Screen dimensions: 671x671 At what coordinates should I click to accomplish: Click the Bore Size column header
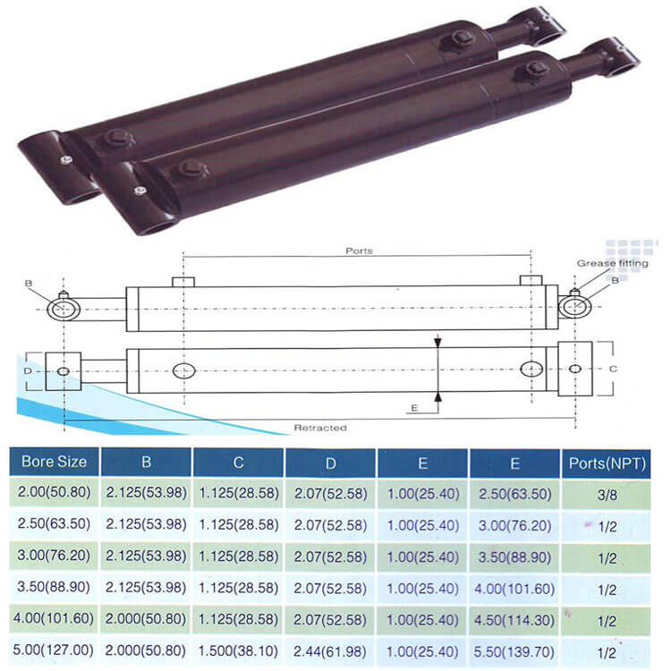[x=54, y=462]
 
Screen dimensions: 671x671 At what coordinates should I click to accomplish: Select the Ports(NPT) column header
[x=607, y=463]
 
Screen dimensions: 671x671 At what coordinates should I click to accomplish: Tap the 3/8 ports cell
[x=607, y=495]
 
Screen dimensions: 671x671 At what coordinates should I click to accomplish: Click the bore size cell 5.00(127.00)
[x=53, y=650]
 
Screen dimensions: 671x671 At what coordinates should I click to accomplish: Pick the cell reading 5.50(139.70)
[x=514, y=652]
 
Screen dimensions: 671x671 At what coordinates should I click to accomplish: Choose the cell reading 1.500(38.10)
[x=238, y=651]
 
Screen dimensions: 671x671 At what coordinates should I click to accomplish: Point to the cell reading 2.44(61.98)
[x=330, y=651]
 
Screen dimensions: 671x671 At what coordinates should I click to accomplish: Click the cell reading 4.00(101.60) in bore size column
[x=54, y=618]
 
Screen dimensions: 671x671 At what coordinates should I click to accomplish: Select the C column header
[x=238, y=463]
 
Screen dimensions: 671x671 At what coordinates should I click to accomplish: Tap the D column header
[x=330, y=463]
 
